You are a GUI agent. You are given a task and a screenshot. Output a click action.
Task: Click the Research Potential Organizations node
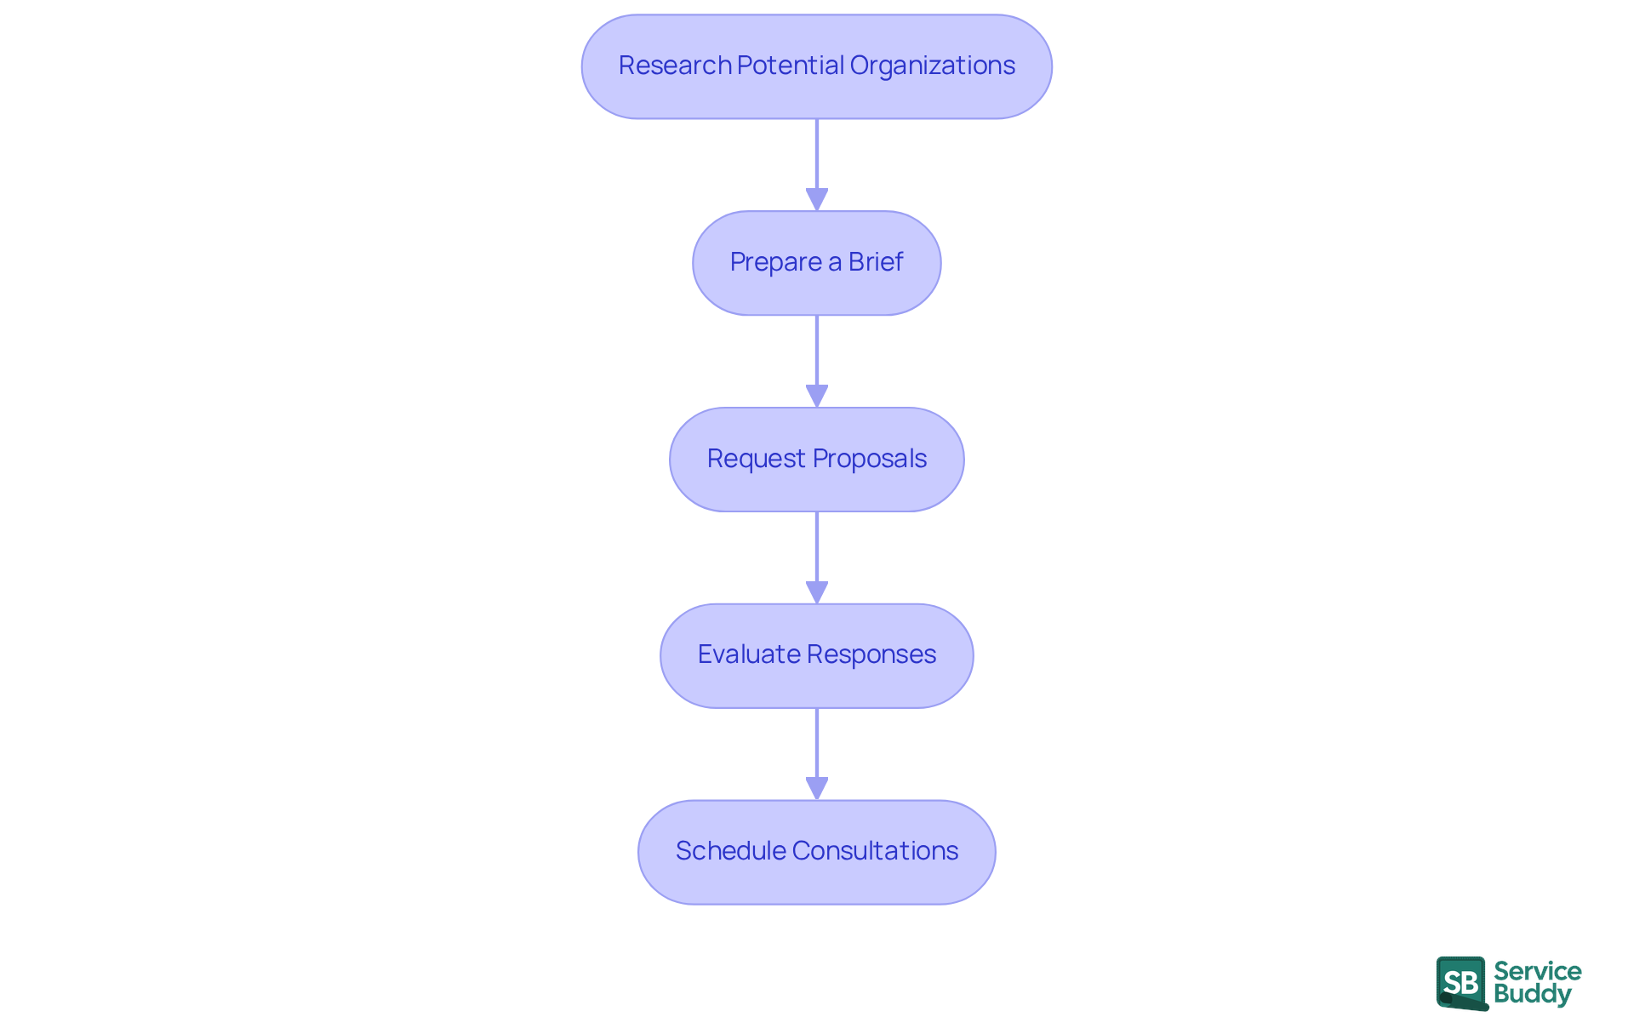[x=817, y=66]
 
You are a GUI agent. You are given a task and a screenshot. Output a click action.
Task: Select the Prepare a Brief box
[x=817, y=263]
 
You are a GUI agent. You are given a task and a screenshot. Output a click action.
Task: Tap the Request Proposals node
[x=817, y=460]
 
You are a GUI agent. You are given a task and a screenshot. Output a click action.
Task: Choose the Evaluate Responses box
[x=817, y=655]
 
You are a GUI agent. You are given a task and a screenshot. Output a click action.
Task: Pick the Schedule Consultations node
[x=817, y=852]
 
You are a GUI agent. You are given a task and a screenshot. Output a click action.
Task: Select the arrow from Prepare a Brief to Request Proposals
[x=817, y=360]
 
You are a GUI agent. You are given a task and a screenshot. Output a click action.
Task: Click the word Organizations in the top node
[x=932, y=66]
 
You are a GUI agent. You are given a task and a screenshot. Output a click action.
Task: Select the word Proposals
[x=869, y=459]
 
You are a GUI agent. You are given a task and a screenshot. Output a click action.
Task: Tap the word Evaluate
[x=748, y=654]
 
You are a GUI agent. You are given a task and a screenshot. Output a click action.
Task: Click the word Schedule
[x=730, y=851]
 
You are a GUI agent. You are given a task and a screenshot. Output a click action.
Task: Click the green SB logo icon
[x=1461, y=983]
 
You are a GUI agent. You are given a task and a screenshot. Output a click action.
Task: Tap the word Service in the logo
[x=1537, y=971]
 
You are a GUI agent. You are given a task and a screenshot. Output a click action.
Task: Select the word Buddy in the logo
[x=1532, y=994]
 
